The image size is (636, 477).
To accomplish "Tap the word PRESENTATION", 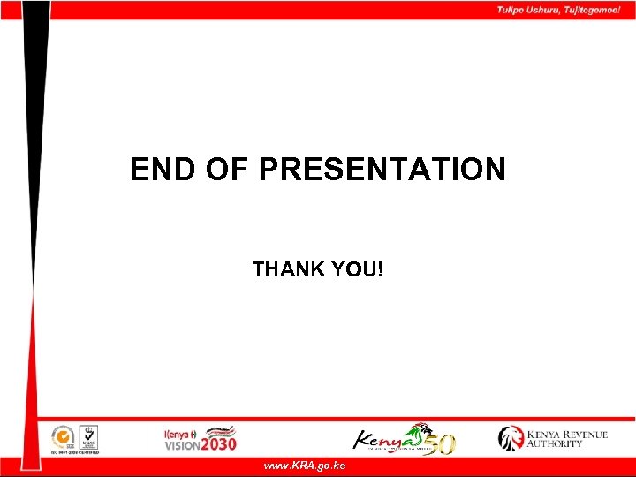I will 382,169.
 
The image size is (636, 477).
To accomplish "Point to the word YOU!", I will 360,269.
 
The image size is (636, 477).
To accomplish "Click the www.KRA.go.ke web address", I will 305,466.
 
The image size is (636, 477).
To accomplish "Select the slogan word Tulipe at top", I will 511,10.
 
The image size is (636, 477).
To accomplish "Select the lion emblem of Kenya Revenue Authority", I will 511,438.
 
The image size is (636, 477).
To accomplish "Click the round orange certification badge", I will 62,436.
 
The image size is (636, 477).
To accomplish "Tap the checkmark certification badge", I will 87,435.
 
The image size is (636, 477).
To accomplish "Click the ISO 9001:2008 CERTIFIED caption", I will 74,451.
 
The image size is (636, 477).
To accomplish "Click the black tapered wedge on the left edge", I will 33,132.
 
